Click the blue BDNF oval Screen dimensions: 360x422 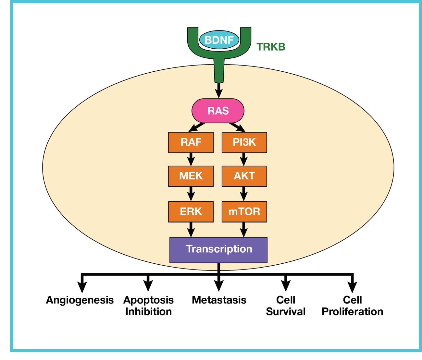click(x=219, y=40)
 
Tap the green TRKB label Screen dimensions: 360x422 click(x=271, y=47)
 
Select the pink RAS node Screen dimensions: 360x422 click(x=218, y=111)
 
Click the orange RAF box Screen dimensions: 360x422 click(x=191, y=142)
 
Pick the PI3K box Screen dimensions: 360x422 click(x=244, y=142)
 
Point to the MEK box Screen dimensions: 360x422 click(x=191, y=176)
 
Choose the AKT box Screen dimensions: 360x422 click(x=244, y=176)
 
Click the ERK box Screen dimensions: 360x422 click(x=191, y=211)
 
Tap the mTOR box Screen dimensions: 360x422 click(x=244, y=211)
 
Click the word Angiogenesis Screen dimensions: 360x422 click(x=80, y=300)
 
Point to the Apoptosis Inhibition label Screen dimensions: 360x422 click(x=148, y=306)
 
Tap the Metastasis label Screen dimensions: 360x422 click(x=219, y=300)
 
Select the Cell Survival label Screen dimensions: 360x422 click(x=286, y=306)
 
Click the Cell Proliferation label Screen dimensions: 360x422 click(x=352, y=306)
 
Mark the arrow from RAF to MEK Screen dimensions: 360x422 click(x=191, y=160)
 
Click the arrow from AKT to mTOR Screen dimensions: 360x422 click(x=244, y=194)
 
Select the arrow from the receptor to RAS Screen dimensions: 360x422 click(x=219, y=90)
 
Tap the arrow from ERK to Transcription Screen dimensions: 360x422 click(x=191, y=230)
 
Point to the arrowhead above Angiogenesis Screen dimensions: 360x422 click(x=82, y=287)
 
